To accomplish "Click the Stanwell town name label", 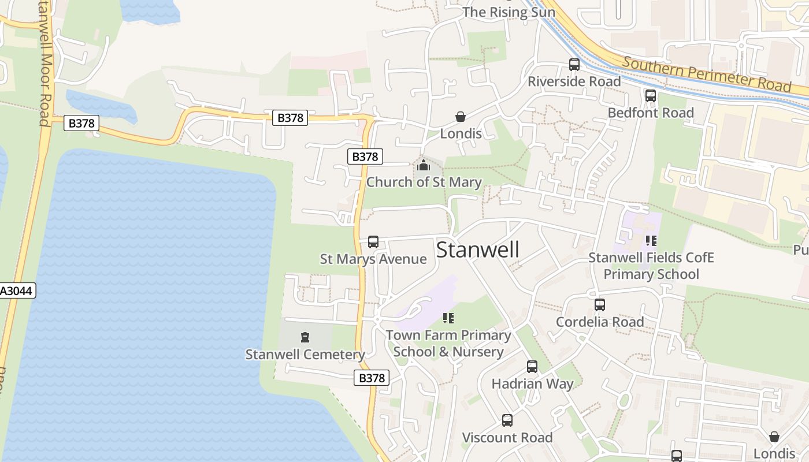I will click(478, 250).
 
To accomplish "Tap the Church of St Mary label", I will click(424, 182).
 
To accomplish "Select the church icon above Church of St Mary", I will click(424, 166).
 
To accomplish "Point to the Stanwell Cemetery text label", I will click(305, 355).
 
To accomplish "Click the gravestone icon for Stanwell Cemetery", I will click(305, 337).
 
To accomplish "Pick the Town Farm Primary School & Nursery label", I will click(449, 344).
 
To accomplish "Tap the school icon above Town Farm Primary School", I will click(448, 318).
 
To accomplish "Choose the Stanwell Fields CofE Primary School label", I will click(651, 266).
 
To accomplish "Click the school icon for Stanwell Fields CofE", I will click(651, 241).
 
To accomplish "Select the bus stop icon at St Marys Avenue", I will click(373, 242).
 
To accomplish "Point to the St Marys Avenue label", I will click(373, 259).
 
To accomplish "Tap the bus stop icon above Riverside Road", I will click(574, 65).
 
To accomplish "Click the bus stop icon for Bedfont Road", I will click(651, 96).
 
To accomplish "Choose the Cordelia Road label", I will click(600, 322).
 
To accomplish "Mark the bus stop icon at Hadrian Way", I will click(532, 367).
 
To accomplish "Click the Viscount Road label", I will click(507, 438).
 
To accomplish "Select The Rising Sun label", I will click(509, 12).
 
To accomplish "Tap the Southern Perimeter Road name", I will click(707, 74).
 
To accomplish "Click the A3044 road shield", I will click(17, 290).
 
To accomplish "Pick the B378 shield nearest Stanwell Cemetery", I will click(371, 378).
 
